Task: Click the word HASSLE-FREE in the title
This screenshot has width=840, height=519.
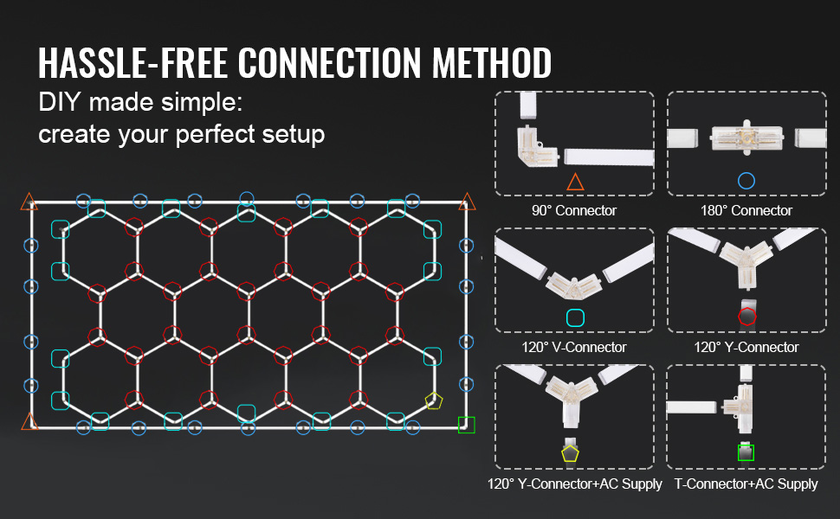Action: (132, 63)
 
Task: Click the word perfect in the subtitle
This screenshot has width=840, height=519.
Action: (219, 134)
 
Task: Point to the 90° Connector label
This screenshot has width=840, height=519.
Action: (574, 210)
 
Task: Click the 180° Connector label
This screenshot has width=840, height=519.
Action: (746, 210)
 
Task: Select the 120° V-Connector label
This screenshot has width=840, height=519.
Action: (574, 347)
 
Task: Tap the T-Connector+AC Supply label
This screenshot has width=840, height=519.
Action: (746, 484)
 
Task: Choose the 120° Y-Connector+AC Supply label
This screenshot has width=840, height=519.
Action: (574, 484)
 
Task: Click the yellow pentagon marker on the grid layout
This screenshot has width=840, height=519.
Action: (433, 400)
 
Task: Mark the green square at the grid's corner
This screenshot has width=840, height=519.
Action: (467, 425)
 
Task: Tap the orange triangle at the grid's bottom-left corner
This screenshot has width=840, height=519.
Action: (29, 422)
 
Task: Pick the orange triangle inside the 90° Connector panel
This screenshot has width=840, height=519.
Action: (575, 182)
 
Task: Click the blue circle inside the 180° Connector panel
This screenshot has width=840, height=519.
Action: (746, 182)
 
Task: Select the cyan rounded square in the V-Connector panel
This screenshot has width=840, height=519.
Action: (575, 317)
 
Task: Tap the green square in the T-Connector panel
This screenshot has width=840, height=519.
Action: (746, 452)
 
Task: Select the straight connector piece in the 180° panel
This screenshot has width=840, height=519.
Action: (746, 138)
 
